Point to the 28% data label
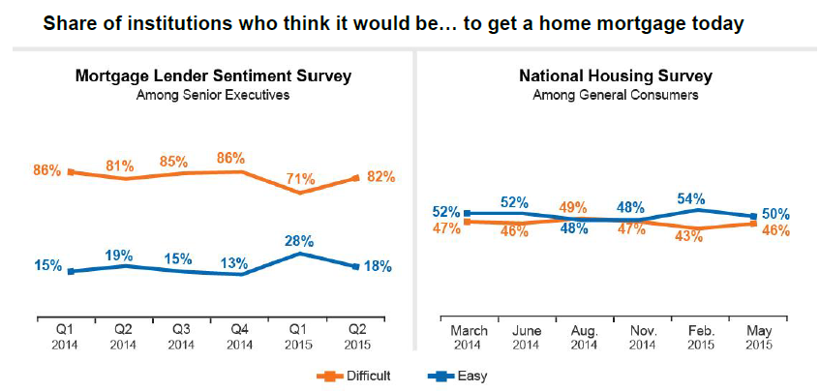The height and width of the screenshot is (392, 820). [301, 238]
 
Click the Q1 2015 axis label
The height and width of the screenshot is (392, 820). [301, 337]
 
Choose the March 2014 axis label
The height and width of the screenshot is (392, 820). [469, 337]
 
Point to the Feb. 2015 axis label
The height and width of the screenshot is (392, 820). [699, 337]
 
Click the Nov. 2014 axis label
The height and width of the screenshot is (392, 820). [642, 337]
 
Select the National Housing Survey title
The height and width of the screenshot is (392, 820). [615, 75]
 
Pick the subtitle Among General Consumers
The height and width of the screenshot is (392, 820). [615, 95]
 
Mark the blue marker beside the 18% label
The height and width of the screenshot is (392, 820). [358, 266]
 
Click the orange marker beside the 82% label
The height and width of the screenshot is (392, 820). [358, 177]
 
